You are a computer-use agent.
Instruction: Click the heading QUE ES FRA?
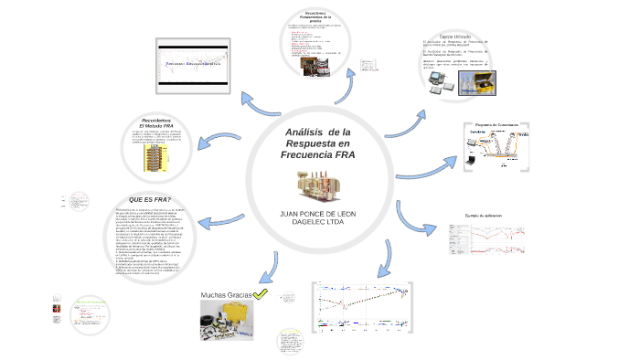coord(150,200)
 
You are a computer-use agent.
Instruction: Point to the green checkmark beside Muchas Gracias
coord(261,294)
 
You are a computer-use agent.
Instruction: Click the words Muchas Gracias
coord(226,295)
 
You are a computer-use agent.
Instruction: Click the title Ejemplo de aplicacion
coord(491,216)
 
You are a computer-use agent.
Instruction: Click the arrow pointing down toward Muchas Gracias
coord(266,265)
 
